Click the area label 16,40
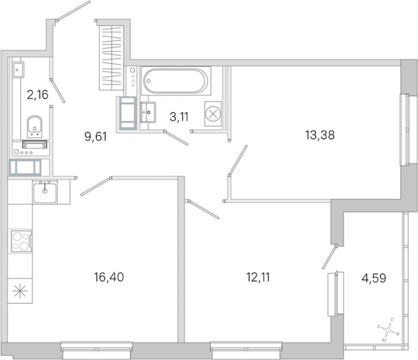(109, 277)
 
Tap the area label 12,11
(258, 277)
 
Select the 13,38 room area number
(320, 135)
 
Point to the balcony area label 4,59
(374, 278)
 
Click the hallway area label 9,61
(96, 137)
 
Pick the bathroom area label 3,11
(179, 117)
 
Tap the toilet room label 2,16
(38, 94)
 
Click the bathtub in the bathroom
(175, 81)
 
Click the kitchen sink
(45, 192)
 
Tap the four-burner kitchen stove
(21, 241)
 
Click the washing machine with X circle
(213, 114)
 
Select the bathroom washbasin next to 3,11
(148, 112)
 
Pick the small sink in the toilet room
(18, 70)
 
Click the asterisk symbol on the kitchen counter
(20, 291)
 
